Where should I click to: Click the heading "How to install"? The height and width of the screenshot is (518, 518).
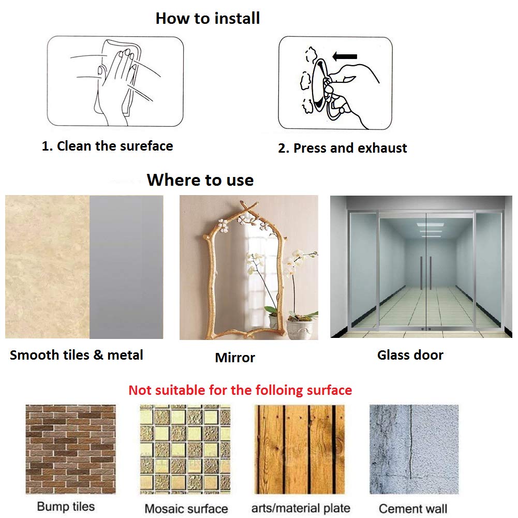pos(208,18)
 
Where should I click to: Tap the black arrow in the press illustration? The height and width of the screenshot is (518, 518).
pos(345,56)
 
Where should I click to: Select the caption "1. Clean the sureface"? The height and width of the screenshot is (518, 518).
pos(107,146)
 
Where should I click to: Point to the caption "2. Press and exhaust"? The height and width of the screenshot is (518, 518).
pos(342,148)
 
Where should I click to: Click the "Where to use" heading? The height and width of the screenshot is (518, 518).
pos(200,180)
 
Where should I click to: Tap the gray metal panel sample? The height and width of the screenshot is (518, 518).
pos(126,267)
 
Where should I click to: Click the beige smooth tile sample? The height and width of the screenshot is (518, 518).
pos(47,267)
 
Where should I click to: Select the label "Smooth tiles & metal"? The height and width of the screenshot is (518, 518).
pos(76,355)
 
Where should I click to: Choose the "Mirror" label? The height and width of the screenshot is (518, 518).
pos(235,358)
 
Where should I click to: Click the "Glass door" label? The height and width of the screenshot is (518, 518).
pos(410,355)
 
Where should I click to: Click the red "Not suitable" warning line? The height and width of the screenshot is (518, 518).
pos(240,390)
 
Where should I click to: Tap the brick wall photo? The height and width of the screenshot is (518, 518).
pos(71,449)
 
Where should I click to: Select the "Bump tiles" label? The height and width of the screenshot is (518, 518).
pos(66,507)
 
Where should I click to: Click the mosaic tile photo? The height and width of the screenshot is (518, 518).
pos(185,449)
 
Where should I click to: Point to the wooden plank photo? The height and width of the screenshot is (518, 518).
pos(300,449)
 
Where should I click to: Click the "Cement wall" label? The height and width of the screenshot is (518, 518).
pos(413,509)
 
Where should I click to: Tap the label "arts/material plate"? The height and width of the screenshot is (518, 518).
pos(301,508)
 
